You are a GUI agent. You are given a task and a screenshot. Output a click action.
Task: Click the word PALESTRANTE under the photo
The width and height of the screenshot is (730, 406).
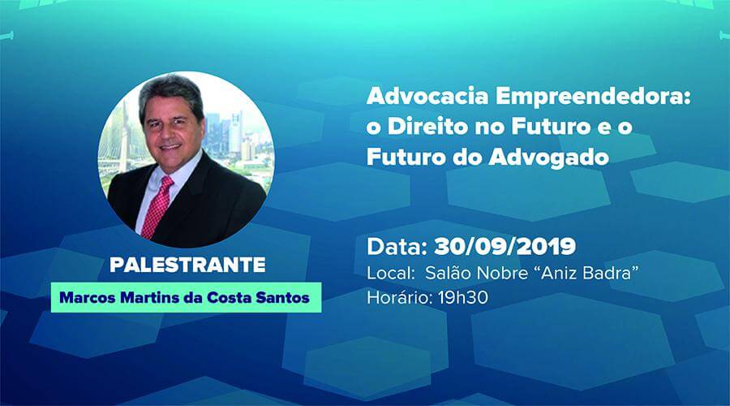click(x=187, y=266)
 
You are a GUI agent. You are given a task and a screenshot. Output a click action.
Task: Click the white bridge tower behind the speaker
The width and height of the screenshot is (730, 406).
click(x=126, y=130)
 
